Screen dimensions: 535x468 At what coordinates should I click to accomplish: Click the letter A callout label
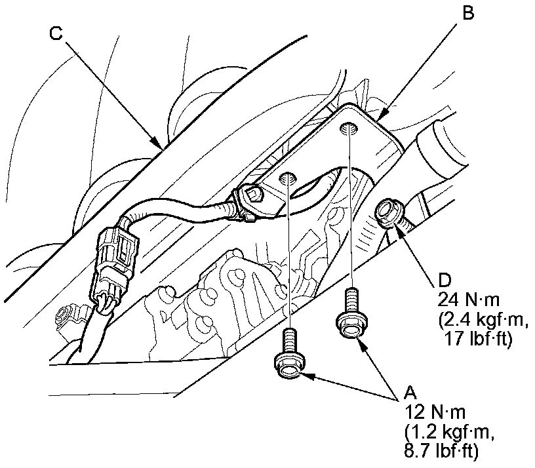pyautogui.click(x=410, y=393)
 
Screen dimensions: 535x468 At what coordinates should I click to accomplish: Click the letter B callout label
pyautogui.click(x=466, y=11)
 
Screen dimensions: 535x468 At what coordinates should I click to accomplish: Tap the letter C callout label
pyautogui.click(x=56, y=33)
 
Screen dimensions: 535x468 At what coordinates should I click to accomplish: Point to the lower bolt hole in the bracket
pyautogui.click(x=287, y=178)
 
